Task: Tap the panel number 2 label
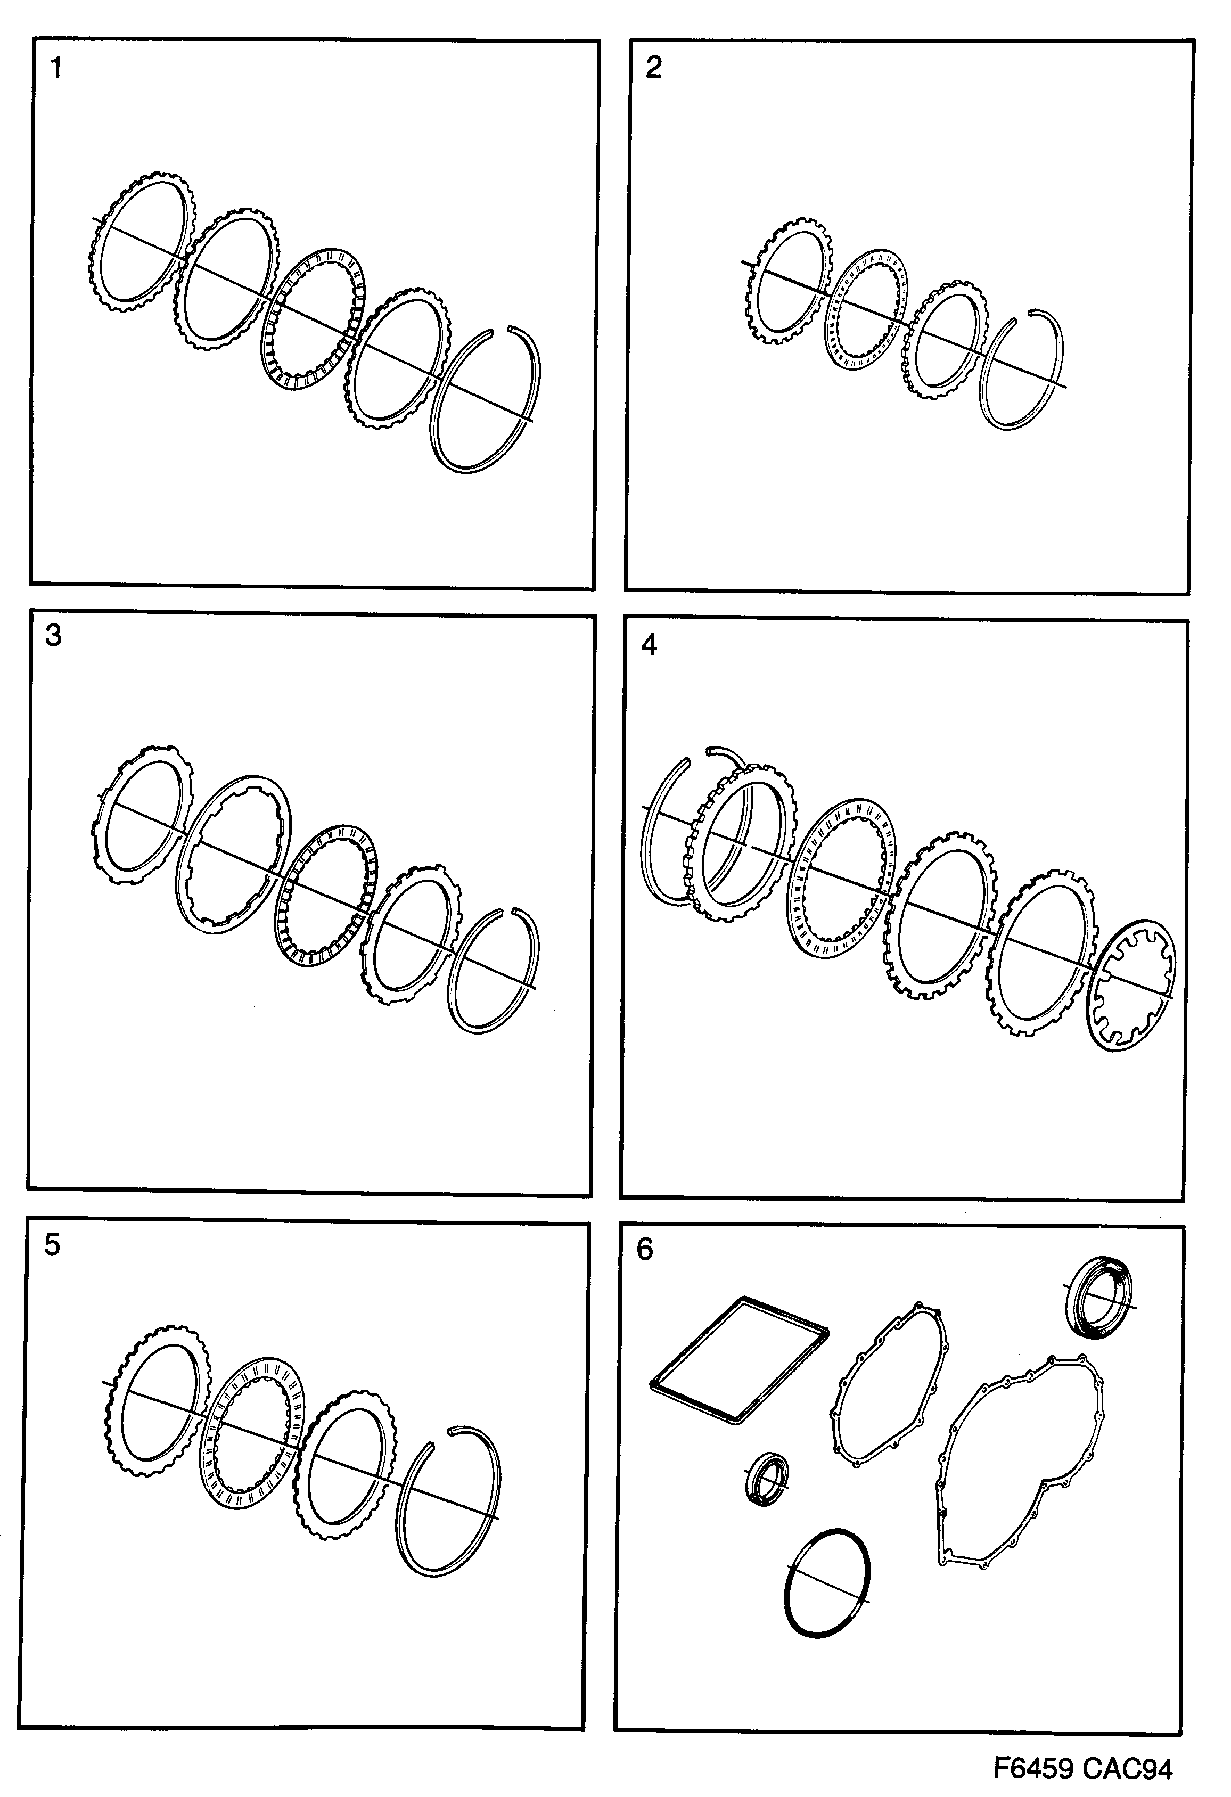click(653, 68)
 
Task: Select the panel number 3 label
click(53, 636)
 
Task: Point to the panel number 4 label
click(650, 645)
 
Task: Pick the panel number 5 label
click(52, 1245)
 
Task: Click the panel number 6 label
click(645, 1250)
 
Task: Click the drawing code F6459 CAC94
click(1082, 1769)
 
